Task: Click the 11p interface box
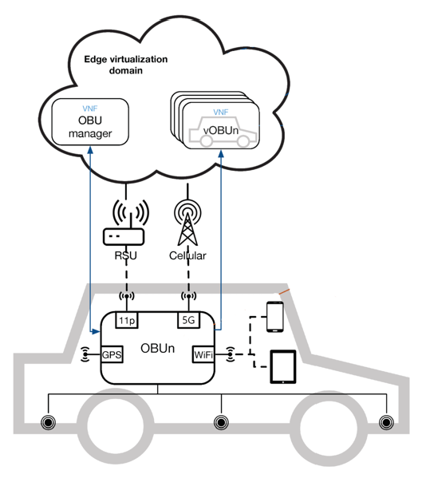[x=127, y=320]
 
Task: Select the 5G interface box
[x=189, y=320]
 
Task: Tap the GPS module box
[x=112, y=354]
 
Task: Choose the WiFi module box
[x=203, y=354]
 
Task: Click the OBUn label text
[x=157, y=349]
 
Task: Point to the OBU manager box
[x=90, y=122]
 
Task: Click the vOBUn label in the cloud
[x=221, y=131]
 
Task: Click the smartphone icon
[x=275, y=317]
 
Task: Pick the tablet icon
[x=283, y=366]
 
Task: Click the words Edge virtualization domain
[x=126, y=65]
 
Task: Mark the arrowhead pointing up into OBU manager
[x=90, y=150]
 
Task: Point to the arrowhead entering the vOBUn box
[x=221, y=153]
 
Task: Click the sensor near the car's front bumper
[x=386, y=422]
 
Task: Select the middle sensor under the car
[x=221, y=422]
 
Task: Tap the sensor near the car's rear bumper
[x=49, y=422]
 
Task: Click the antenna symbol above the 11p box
[x=127, y=296]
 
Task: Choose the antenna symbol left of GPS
[x=85, y=354]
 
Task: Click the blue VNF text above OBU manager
[x=90, y=109]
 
